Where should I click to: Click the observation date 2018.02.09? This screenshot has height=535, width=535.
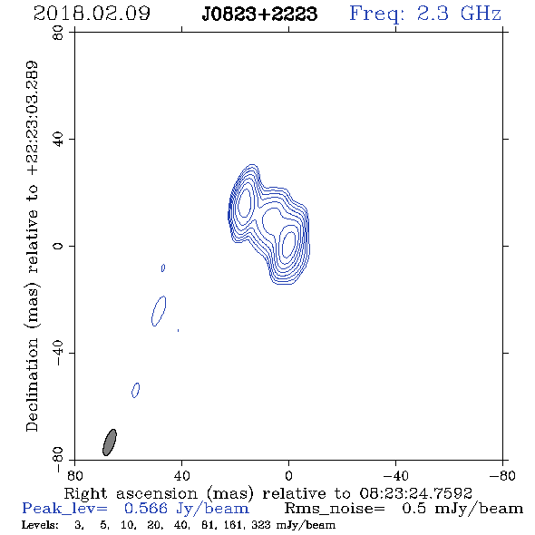(x=92, y=14)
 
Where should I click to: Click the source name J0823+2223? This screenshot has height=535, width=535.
(x=259, y=14)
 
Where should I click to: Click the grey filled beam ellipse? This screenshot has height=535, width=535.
(x=110, y=443)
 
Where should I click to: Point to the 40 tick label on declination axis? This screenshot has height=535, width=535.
(x=58, y=140)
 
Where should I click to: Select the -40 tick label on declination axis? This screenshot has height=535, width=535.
(x=58, y=353)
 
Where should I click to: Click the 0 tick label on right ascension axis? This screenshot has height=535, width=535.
(x=288, y=475)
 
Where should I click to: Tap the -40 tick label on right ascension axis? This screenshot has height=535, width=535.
(x=395, y=475)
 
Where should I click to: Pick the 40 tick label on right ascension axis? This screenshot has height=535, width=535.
(x=181, y=475)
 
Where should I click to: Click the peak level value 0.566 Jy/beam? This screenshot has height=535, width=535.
(x=187, y=509)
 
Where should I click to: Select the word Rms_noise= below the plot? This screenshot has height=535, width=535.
(x=335, y=509)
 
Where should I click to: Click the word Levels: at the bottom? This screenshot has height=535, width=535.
(x=40, y=524)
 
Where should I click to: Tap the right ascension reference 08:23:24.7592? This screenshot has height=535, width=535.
(x=415, y=493)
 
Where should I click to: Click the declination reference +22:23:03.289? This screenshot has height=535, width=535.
(x=33, y=118)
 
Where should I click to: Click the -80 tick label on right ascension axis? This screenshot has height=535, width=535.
(x=502, y=475)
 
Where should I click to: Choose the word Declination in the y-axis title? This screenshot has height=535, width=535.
(x=32, y=384)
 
